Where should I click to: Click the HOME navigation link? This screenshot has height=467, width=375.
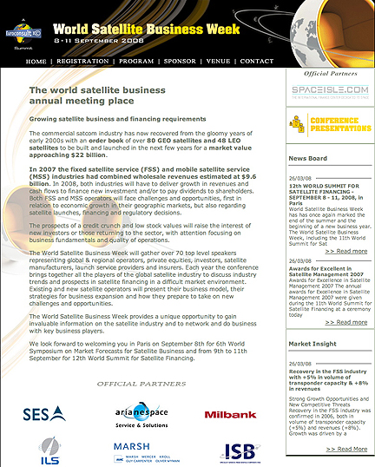click(x=36, y=62)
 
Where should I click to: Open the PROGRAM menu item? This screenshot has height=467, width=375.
click(x=136, y=62)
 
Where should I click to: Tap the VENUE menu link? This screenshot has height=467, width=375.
click(x=219, y=62)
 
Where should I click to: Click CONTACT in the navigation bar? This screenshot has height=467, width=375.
click(x=256, y=62)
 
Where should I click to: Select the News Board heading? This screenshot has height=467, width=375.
click(x=308, y=160)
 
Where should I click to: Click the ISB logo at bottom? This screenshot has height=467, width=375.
click(x=237, y=451)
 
